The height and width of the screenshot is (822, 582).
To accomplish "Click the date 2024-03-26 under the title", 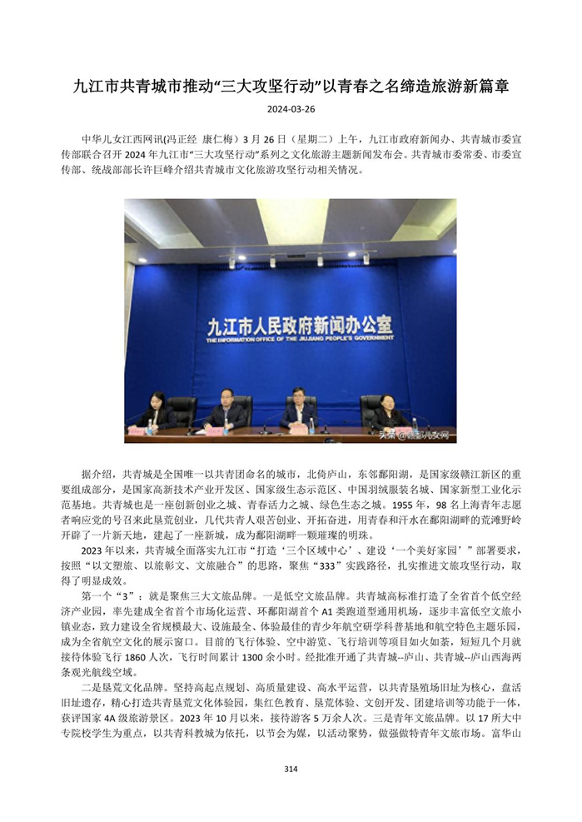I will coord(291,109).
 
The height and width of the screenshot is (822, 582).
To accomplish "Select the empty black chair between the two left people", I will coord(182,409).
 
